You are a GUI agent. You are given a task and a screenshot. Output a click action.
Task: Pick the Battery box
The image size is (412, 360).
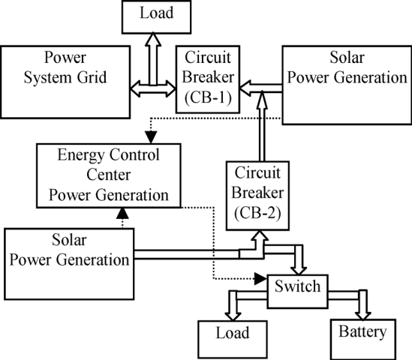[x=362, y=331]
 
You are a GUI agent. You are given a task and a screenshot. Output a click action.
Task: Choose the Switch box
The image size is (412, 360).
[x=298, y=286]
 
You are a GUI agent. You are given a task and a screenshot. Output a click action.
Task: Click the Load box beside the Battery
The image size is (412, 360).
[x=233, y=331]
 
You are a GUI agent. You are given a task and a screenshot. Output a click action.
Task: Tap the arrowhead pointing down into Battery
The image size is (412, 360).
[x=363, y=312]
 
